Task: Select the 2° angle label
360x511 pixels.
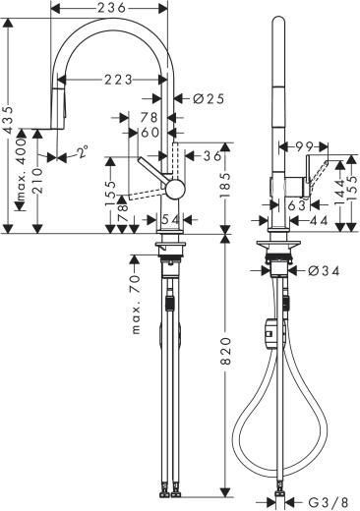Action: tap(81, 153)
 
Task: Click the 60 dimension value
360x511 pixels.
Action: tap(150, 132)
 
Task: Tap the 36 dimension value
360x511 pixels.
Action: tap(210, 154)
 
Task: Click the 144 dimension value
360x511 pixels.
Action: tap(339, 189)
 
